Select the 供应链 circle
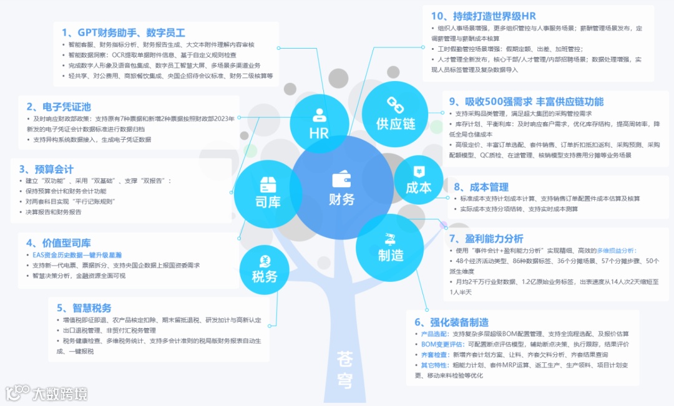pyautogui.click(x=394, y=113)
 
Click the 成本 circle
pyautogui.click(x=418, y=179)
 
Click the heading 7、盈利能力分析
pyautogui.click(x=486, y=238)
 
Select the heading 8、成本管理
pyautogui.click(x=481, y=186)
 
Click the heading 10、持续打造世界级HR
pyautogui.click(x=484, y=16)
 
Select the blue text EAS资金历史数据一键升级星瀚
pyautogui.click(x=77, y=254)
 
